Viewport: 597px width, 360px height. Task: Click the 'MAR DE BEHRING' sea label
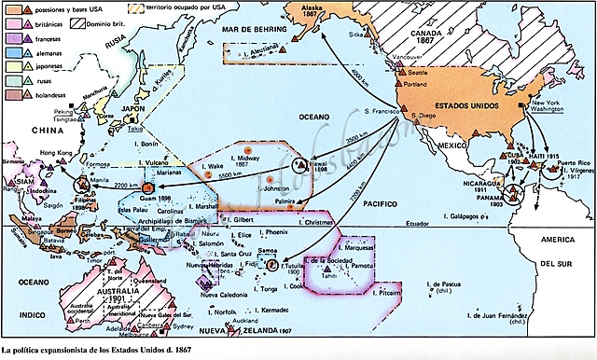tap(257, 31)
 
